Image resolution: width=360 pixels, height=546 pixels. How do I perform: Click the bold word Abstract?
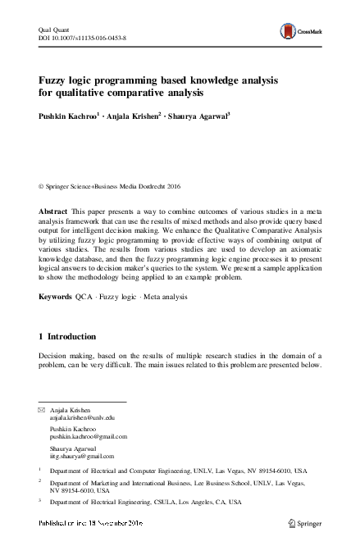[53, 212]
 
